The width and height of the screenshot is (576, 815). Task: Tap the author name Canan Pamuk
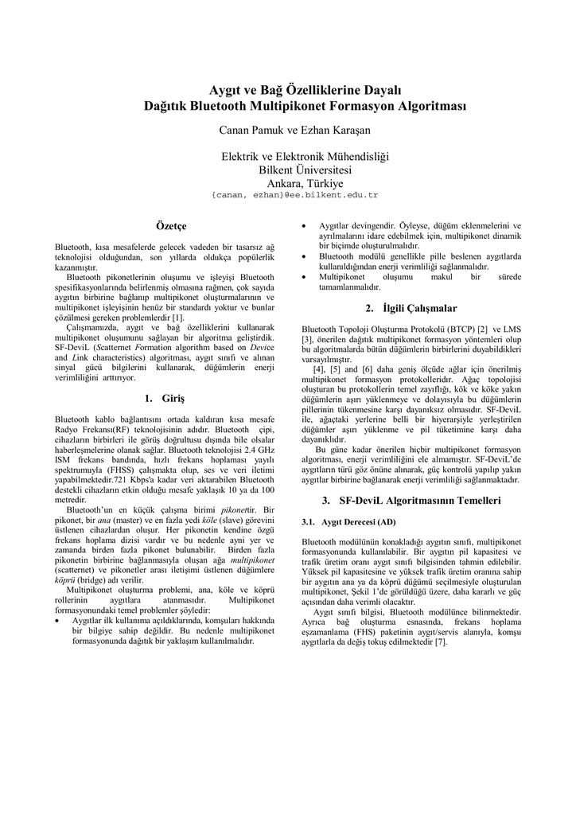(x=247, y=130)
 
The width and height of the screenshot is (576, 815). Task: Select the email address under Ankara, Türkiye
(x=294, y=195)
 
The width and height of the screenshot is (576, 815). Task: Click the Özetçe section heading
(x=171, y=227)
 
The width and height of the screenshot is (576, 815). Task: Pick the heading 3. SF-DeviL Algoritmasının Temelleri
(x=411, y=501)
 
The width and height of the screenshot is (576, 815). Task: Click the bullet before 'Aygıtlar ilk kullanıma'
(x=59, y=620)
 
